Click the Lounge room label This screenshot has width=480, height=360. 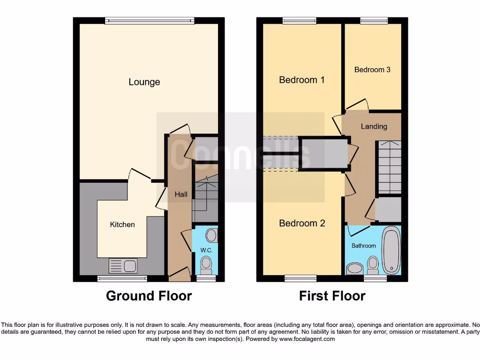click(x=144, y=82)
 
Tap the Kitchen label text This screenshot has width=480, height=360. click(x=122, y=225)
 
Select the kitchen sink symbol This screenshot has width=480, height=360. click(x=123, y=266)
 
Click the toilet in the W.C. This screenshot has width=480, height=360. click(x=206, y=265)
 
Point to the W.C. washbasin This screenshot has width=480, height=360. click(x=211, y=234)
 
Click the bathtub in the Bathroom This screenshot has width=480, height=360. click(x=391, y=250)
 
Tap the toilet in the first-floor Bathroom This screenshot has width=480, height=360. click(x=373, y=265)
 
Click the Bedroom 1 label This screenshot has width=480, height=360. click(x=301, y=80)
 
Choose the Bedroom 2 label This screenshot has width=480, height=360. click(x=301, y=223)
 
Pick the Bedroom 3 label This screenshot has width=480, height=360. click(x=372, y=70)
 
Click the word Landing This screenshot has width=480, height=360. click(x=374, y=127)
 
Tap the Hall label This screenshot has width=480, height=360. click(x=181, y=194)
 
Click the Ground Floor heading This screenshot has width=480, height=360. click(x=149, y=296)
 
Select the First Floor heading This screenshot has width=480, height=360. click(x=332, y=296)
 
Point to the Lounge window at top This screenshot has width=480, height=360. click(x=150, y=20)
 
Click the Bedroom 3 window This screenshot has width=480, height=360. click(x=374, y=20)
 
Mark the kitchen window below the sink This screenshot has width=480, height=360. click(x=122, y=278)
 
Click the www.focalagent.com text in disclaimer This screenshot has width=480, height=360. click(x=307, y=339)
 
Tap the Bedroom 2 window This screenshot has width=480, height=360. click(x=300, y=278)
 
